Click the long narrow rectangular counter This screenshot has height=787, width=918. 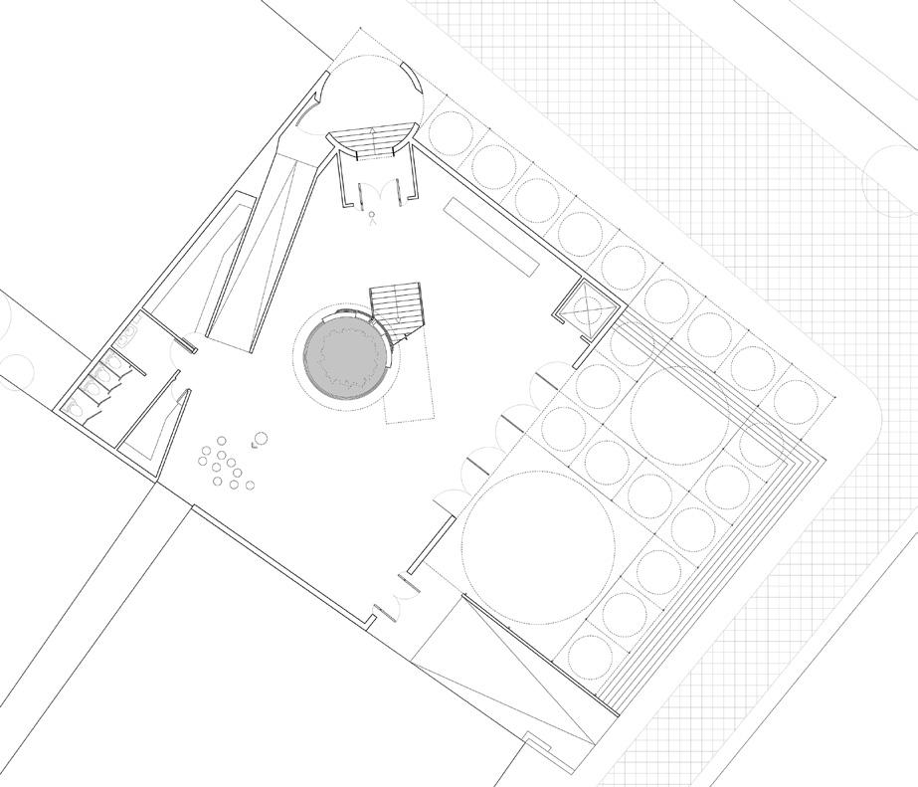[x=491, y=238]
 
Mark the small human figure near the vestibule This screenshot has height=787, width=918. [x=373, y=220]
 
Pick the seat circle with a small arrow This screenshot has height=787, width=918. [x=262, y=439]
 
